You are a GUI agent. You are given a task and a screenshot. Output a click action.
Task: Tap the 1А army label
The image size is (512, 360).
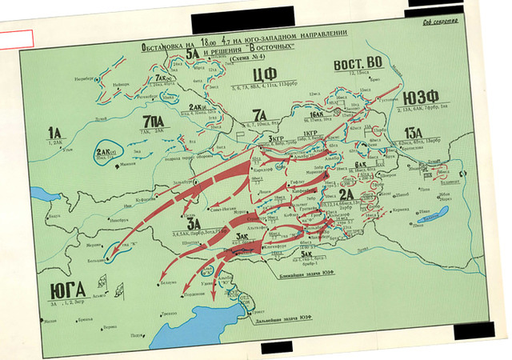click(54, 133)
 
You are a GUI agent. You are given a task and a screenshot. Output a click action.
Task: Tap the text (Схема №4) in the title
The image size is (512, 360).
click(241, 62)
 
